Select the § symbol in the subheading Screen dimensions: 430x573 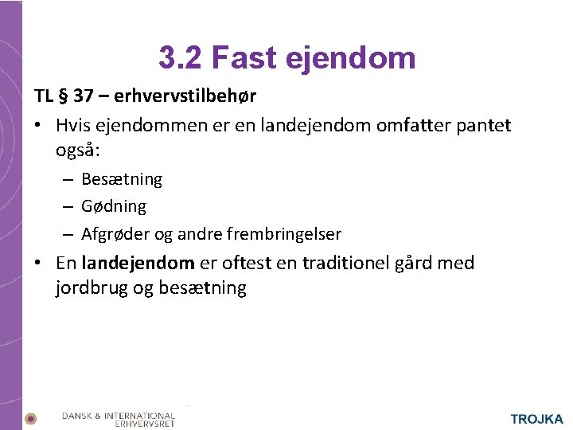64,97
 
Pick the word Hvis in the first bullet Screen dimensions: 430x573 74,125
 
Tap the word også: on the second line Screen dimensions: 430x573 76,150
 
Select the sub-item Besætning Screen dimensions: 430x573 122,179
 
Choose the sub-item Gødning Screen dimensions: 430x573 114,206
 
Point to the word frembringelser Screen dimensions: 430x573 283,234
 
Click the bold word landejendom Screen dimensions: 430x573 138,263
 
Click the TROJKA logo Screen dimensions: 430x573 536,419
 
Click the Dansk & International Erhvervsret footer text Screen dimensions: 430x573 119,419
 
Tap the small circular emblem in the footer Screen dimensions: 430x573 30,419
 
